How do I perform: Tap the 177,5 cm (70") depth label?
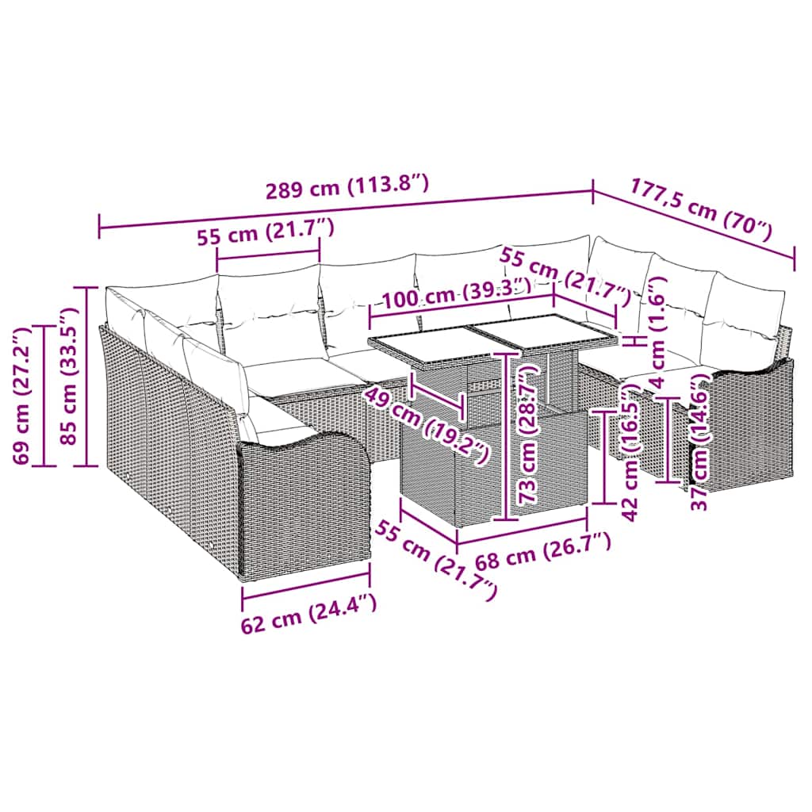tap(701, 209)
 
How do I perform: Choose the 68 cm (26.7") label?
tap(543, 551)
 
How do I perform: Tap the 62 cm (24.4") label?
tap(308, 610)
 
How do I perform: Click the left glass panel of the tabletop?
tap(420, 345)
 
